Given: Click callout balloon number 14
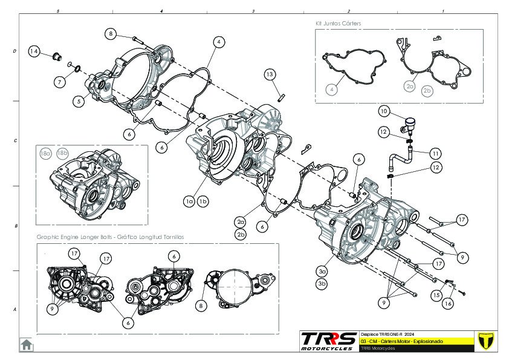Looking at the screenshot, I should coord(34,51).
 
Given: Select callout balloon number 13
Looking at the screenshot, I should coord(270,74).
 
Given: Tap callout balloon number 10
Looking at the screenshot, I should coord(384,111).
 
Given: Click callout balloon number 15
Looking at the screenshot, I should coord(436,295).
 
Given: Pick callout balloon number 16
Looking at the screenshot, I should coord(447,303).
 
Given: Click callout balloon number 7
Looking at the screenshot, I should coord(60,81).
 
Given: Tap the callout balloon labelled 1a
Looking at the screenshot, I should coord(189,200).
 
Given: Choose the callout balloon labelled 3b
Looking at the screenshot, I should coord(322,283).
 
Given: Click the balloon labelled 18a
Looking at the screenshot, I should coord(45,154).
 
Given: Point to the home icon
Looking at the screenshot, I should coord(27,344).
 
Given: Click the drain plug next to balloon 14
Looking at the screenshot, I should coord(56,57).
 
